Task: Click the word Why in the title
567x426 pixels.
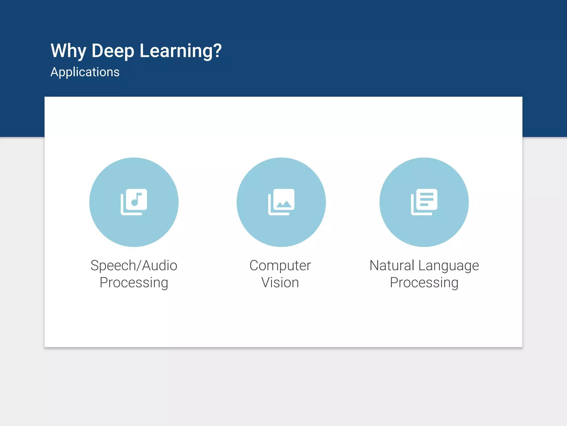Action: point(68,51)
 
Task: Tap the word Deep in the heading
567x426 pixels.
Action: point(113,51)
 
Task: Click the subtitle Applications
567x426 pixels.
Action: point(85,72)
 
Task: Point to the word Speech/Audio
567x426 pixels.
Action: point(134,265)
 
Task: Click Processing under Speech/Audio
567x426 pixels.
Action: point(134,283)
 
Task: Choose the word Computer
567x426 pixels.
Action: point(280,265)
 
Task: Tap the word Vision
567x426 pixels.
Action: point(280,283)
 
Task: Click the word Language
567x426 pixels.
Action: point(449,265)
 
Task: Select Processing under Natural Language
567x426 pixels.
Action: point(424,283)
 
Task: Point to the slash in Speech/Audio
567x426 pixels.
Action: point(139,265)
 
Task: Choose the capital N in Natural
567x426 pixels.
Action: point(375,265)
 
